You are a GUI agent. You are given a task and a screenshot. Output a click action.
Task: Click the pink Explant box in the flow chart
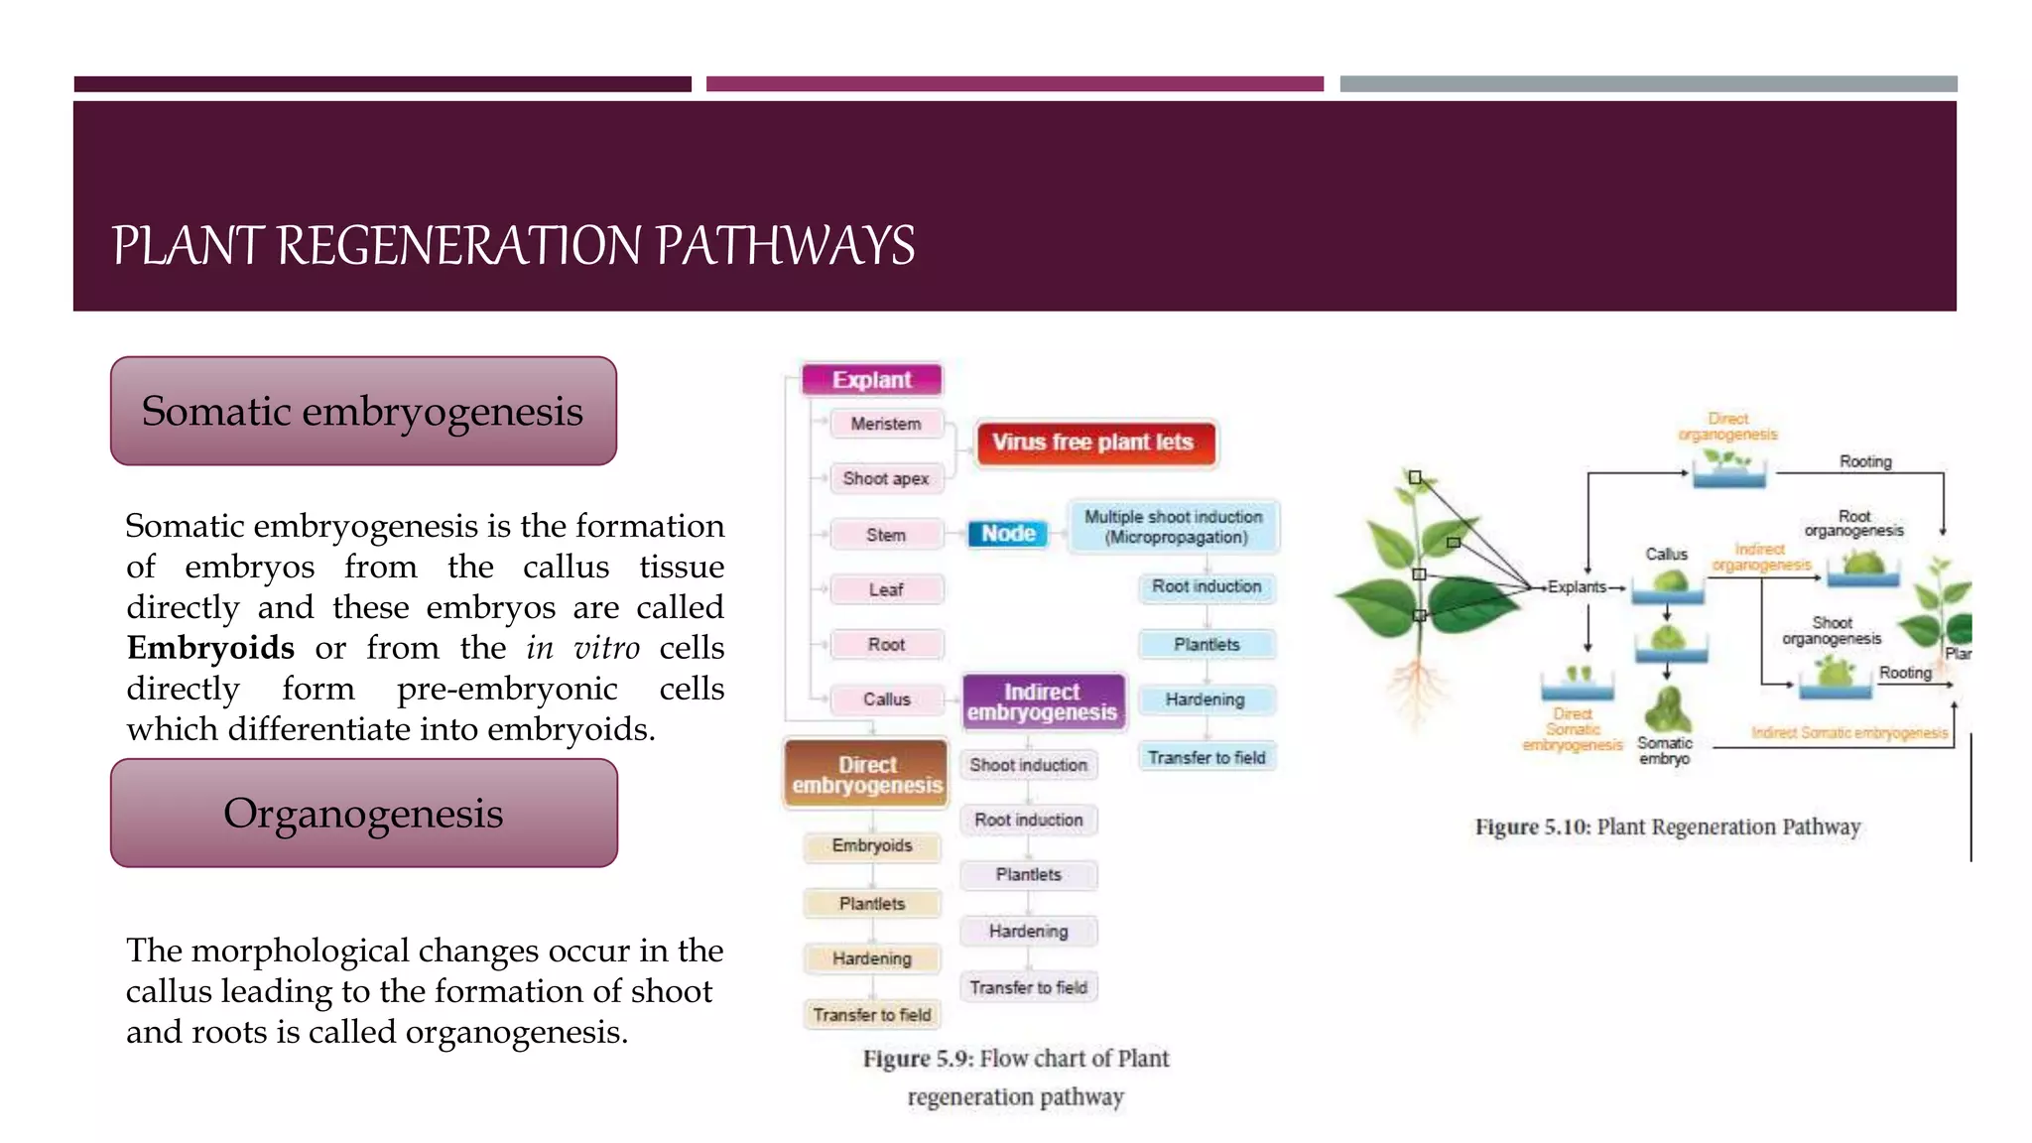[x=871, y=380]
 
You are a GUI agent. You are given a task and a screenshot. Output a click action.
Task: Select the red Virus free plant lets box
[x=1092, y=443]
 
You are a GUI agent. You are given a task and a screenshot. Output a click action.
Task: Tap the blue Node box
[x=1008, y=534]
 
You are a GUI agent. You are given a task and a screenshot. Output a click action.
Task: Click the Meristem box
[x=885, y=424]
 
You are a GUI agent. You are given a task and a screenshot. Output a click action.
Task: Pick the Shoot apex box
[x=885, y=478]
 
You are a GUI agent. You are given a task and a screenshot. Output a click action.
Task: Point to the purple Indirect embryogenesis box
[x=1042, y=702]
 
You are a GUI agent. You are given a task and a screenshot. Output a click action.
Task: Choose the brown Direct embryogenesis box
[x=866, y=775]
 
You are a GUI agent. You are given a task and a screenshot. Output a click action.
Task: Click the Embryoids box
[x=871, y=845]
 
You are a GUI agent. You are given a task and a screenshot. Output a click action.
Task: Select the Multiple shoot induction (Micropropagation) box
[x=1174, y=527]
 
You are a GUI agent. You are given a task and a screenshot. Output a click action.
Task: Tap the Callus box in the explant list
[x=886, y=699]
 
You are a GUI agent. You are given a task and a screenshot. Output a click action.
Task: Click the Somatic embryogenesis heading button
[x=363, y=411]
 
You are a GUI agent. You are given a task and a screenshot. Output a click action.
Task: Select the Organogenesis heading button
[x=363, y=814]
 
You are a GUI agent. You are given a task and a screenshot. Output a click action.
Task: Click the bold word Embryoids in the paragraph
[x=210, y=648]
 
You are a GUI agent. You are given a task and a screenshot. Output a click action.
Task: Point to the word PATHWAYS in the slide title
[x=785, y=246]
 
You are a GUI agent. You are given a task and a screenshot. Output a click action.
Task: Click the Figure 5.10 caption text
[x=1667, y=826]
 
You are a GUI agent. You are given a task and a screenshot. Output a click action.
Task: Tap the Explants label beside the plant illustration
[x=1577, y=587]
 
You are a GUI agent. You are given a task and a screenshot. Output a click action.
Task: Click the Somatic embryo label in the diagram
[x=1664, y=750]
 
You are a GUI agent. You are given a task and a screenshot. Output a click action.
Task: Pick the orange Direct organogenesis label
[x=1727, y=427]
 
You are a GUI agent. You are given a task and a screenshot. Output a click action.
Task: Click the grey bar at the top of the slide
[x=1648, y=84]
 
